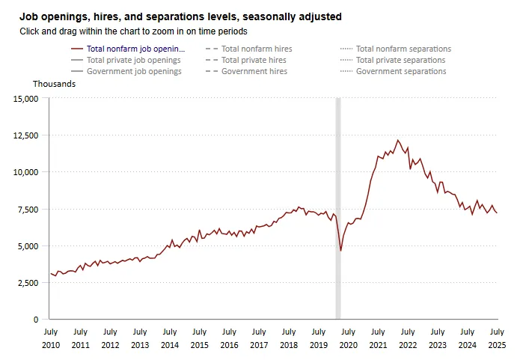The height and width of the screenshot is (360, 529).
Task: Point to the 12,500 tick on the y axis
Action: pos(25,135)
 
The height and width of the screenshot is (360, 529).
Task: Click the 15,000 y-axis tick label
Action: pos(25,99)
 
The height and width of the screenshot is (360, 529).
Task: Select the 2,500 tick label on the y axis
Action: pos(27,283)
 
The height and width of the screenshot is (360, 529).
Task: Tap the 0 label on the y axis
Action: pos(36,320)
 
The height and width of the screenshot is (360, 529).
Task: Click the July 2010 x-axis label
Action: pos(50,338)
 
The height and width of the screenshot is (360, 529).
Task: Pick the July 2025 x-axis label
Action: pos(497,338)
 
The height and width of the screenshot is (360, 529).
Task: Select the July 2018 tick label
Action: pos(289,338)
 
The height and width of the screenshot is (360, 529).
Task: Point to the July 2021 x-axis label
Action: pos(378,338)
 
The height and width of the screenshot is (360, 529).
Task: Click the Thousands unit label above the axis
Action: pos(54,84)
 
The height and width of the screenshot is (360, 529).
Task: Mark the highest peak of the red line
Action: pos(398,140)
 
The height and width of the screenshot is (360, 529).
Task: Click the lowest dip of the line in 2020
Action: pos(341,251)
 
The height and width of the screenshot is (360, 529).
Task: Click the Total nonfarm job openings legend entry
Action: pos(135,49)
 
